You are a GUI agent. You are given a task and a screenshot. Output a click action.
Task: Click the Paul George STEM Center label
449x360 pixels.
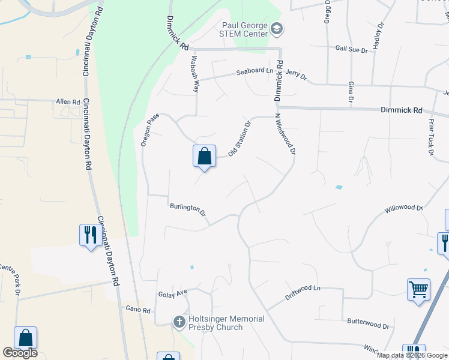(x=245, y=29)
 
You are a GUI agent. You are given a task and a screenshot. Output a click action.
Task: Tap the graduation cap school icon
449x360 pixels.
(x=277, y=28)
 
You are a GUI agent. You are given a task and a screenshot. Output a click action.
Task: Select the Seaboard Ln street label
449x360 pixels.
(x=254, y=71)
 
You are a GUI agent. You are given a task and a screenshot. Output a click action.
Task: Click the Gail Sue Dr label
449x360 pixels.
(x=351, y=50)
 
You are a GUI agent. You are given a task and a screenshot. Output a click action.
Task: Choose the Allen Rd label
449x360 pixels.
(x=68, y=103)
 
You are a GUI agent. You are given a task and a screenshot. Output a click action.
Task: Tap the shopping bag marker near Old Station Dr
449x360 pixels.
(x=204, y=156)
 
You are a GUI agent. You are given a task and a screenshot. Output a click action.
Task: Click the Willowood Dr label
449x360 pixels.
(x=404, y=208)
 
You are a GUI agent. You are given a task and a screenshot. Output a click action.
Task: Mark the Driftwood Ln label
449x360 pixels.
(x=303, y=289)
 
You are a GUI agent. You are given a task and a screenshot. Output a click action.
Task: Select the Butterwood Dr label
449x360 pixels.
(x=369, y=323)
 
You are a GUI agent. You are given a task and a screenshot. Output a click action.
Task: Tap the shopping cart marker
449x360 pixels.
(x=418, y=290)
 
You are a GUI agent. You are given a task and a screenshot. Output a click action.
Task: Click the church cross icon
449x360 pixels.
(x=179, y=322)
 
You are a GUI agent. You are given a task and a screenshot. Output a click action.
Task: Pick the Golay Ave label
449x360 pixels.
(x=173, y=293)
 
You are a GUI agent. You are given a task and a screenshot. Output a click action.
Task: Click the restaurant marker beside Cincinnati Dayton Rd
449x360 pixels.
(x=90, y=233)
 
